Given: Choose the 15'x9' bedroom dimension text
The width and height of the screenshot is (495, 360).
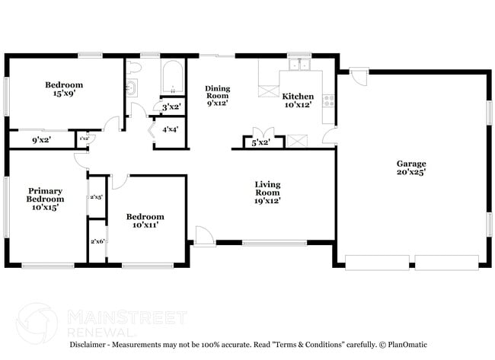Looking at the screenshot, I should pos(64,94).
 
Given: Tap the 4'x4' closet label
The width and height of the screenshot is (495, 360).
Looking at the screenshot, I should pos(171,129).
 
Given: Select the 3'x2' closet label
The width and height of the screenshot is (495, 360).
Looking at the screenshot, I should pos(171,107).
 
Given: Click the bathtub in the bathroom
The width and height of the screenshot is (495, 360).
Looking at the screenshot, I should pos(170,78).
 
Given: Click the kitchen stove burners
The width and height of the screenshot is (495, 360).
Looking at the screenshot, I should pos(329,100).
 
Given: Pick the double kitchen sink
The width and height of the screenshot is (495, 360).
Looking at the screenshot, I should pos(299,65).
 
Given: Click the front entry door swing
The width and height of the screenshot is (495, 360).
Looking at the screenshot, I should pos(203,235).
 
